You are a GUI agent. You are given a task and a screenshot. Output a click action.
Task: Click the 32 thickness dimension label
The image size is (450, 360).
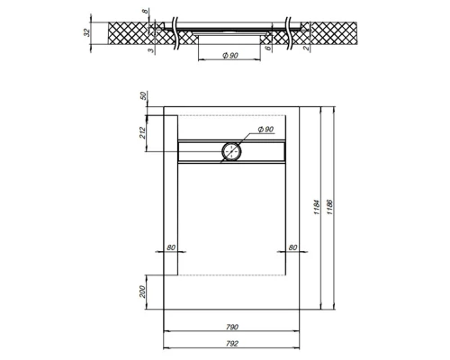point(86,32)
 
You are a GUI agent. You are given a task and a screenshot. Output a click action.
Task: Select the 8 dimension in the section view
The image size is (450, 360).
point(145,11)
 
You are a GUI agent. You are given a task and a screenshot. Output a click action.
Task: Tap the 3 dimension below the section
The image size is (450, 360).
point(152,50)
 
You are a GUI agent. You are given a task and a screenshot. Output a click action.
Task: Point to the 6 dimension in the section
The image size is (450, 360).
point(269,47)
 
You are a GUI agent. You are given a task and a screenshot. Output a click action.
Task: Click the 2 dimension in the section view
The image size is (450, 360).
point(306,48)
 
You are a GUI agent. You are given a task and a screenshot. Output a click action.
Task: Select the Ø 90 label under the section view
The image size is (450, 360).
point(230,56)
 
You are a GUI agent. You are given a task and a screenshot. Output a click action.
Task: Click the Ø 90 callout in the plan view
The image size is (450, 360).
point(265,130)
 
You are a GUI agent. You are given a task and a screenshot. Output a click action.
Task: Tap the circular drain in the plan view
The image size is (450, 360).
point(231,152)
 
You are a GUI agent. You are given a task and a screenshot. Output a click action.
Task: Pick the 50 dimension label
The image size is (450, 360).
point(144,96)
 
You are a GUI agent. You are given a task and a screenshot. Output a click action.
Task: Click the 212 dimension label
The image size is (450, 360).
point(143,133)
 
